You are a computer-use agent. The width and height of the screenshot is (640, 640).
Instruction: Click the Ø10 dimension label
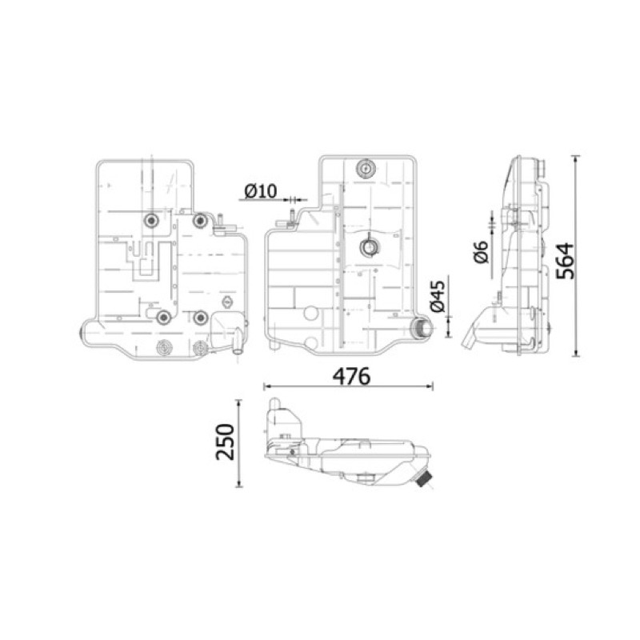click(261, 191)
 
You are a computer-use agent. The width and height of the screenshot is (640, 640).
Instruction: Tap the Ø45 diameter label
click(438, 296)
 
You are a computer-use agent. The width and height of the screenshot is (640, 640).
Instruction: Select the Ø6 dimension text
click(482, 252)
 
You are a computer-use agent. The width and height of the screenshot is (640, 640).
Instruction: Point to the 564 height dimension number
click(566, 262)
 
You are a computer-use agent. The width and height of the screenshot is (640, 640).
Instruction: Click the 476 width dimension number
click(351, 376)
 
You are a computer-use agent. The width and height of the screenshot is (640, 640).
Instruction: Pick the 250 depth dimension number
click(226, 442)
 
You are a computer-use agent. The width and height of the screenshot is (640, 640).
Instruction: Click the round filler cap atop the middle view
click(366, 169)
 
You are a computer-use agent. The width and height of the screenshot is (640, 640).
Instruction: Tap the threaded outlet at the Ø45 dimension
click(422, 328)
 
